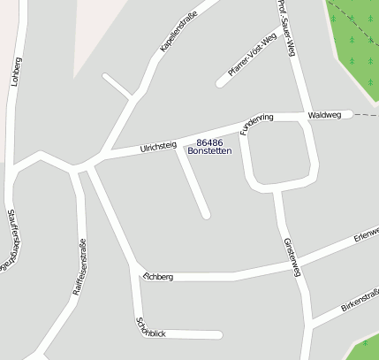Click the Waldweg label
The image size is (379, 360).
click(323, 115)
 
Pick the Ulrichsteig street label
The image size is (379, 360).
click(158, 147)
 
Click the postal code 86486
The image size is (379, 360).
click(210, 142)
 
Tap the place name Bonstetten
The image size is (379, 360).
click(210, 151)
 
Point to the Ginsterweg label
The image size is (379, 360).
click(293, 257)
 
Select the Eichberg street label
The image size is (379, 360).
click(158, 277)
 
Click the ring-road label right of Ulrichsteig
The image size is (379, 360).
click(257, 123)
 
